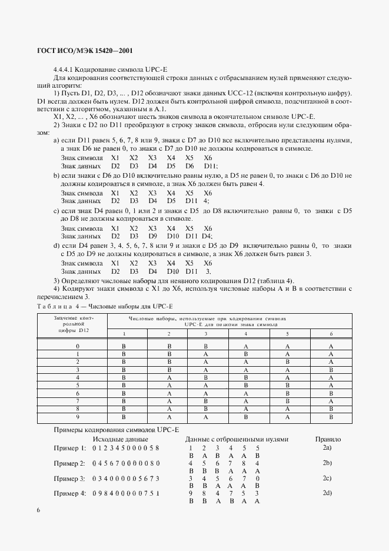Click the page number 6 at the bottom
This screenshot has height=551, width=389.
tap(38, 510)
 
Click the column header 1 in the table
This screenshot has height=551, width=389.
tap(124, 334)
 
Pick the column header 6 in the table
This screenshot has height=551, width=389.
tap(331, 334)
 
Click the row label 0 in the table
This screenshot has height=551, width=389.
tap(78, 346)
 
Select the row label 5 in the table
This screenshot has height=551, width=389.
tap(78, 385)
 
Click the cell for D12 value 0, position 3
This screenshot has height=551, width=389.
tap(206, 346)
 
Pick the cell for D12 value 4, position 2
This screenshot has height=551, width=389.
tap(169, 377)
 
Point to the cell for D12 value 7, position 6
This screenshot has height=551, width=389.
tap(331, 400)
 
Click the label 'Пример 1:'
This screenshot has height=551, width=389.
tap(70, 449)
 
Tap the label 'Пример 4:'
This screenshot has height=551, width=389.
tap(70, 493)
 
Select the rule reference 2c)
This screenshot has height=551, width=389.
tap(327, 477)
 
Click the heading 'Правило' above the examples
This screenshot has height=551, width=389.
tap(328, 439)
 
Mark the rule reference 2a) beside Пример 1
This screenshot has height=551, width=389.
tap(327, 448)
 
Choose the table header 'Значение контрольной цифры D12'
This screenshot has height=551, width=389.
tap(78, 324)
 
